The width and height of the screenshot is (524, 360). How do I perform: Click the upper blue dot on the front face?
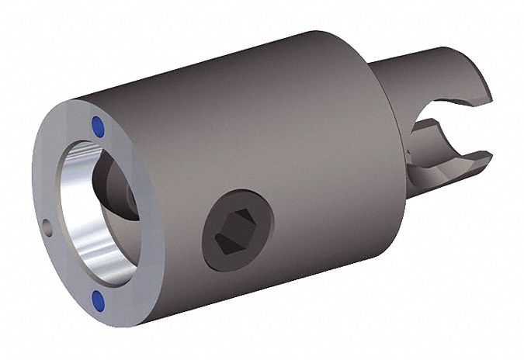click(x=97, y=124)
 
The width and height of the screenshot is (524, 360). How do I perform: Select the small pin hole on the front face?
click(x=47, y=227)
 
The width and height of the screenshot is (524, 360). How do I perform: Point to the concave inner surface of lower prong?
click(x=442, y=144)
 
